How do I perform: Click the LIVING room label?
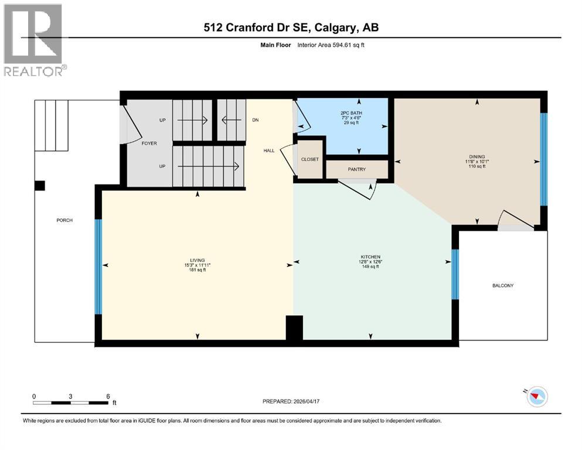pos(196,260)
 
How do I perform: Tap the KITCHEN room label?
pos(370,257)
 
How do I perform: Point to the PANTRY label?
pos(356,170)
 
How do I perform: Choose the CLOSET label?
pos(309,159)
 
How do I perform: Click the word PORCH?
pos(64,220)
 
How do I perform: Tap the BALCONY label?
pos(502,285)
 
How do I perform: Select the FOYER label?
pos(149,143)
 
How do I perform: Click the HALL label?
pos(269,151)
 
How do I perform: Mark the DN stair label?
pos(255,120)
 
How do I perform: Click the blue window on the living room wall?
pos(98,266)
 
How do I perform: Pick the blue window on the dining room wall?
pos(543,159)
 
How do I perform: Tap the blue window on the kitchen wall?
pos(454,274)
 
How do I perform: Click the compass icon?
pos(536,397)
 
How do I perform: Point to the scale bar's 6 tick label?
pos(108,396)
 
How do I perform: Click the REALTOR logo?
pos(34,39)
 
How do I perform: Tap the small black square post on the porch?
pos(39,186)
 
